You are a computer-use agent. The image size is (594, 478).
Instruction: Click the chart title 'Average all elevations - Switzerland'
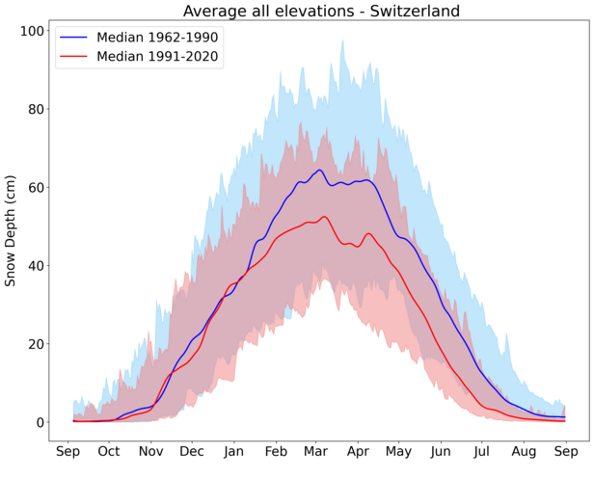321,11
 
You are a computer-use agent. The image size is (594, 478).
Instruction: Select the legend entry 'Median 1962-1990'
159,37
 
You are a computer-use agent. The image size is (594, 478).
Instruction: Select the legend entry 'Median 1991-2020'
159,57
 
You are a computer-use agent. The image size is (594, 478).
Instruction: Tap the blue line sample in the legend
76,37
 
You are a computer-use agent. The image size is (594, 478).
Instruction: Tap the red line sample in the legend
76,57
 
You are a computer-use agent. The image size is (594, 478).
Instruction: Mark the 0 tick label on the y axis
40,422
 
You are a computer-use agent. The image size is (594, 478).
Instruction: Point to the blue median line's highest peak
319,170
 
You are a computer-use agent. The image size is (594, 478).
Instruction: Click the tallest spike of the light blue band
342,40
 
